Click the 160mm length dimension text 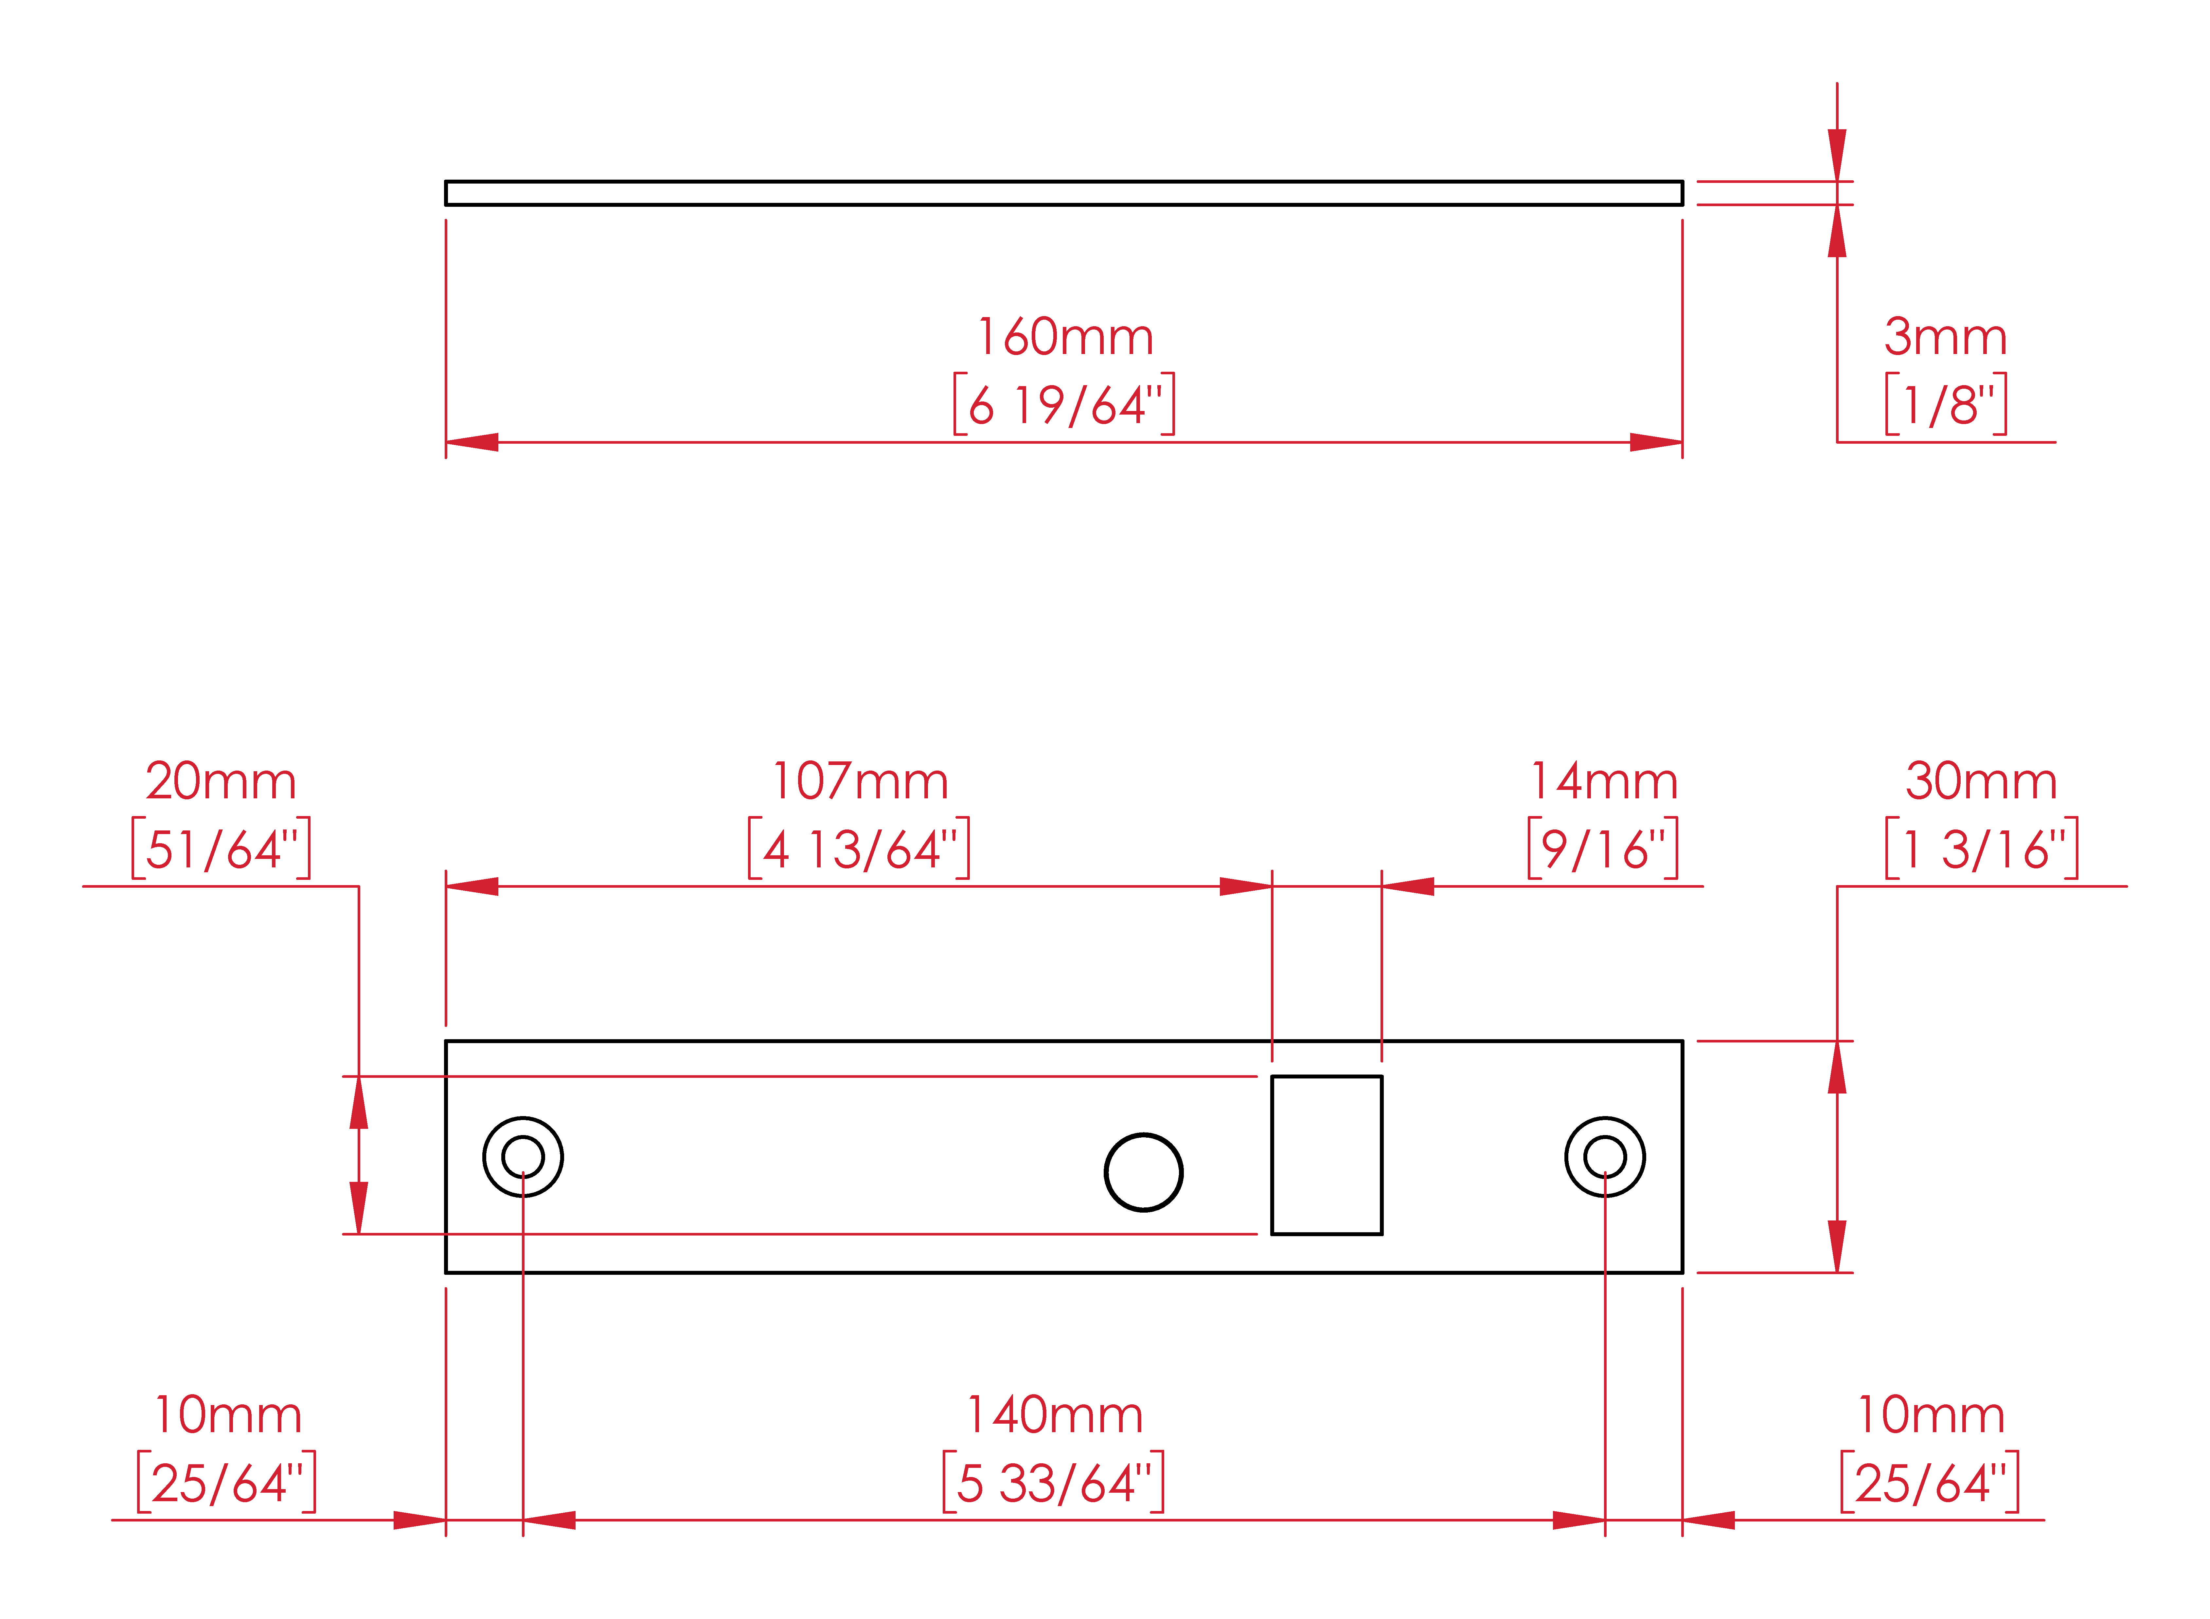click(1065, 337)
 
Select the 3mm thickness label click(1945, 337)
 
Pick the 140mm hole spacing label click(1055, 1415)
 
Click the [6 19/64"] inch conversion click(1064, 404)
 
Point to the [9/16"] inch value click(1603, 849)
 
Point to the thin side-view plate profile click(1063, 193)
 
